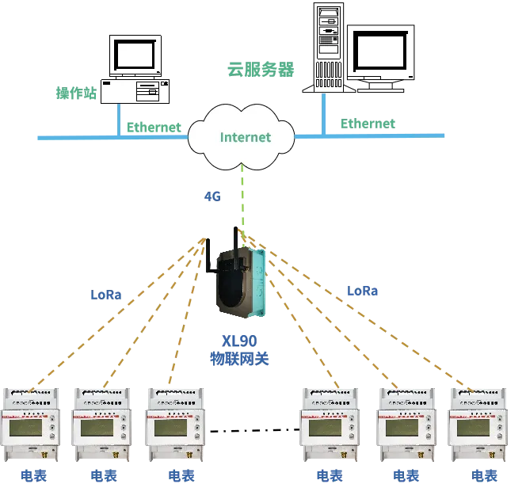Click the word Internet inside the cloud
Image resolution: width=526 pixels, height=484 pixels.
(x=245, y=137)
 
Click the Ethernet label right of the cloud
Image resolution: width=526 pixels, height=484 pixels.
(x=368, y=124)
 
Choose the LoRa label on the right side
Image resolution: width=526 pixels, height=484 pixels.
(x=360, y=292)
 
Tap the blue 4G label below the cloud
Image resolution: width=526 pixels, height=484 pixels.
(x=212, y=195)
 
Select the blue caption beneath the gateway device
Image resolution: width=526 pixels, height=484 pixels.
(x=239, y=349)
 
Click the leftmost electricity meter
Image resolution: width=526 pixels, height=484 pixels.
(x=32, y=425)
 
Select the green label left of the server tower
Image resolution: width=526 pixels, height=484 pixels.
(x=258, y=70)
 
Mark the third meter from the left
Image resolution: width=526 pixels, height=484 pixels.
(x=173, y=425)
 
